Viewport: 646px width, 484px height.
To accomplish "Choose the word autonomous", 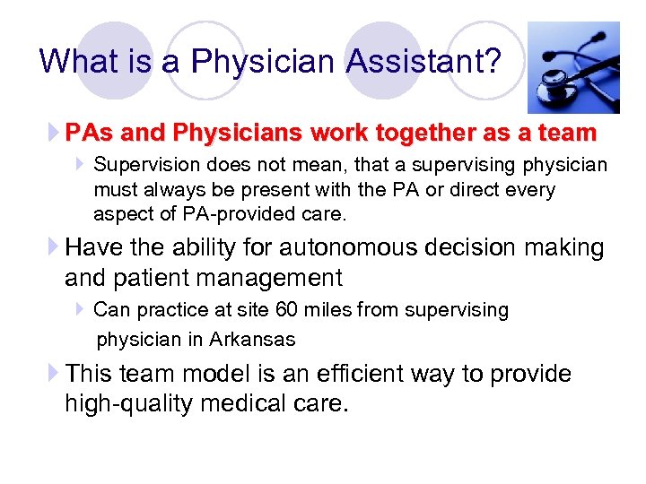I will pos(351,247).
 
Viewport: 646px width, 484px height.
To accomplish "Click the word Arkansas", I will pos(252,340).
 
